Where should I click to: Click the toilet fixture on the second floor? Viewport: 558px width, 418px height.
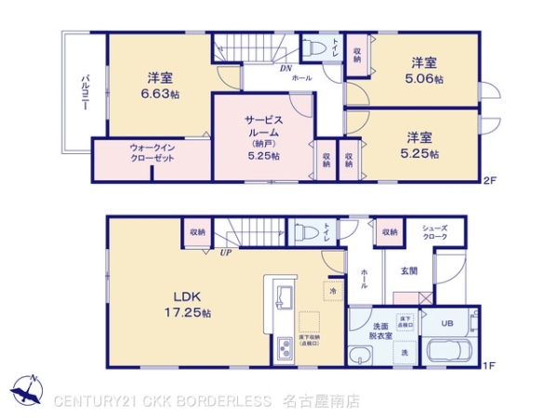pos(317,46)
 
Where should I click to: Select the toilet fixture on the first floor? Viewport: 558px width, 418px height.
pos(305,233)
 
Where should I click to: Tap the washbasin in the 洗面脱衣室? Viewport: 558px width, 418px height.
pos(365,353)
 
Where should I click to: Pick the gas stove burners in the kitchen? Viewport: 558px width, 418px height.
pos(284,352)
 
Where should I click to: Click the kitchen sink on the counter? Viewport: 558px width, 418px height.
pos(284,299)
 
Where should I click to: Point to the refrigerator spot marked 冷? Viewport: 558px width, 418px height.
pos(333,291)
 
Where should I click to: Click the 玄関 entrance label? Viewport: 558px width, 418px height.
pos(409,271)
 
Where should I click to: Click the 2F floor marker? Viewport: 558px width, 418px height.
pos(489,182)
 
